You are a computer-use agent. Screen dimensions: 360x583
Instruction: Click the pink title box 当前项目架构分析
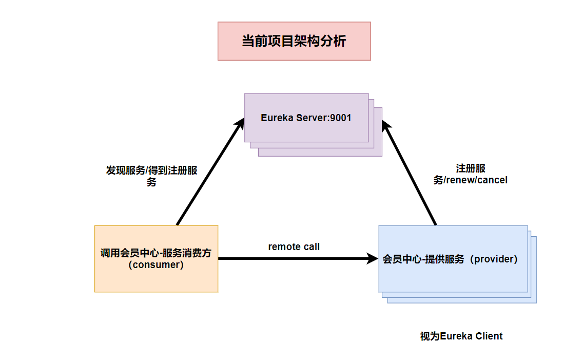tap(294, 41)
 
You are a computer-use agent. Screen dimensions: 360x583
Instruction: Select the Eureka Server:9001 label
tap(306, 118)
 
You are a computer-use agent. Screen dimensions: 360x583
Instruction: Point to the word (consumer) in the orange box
tap(156, 265)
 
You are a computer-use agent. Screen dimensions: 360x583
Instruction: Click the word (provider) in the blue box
tap(496, 259)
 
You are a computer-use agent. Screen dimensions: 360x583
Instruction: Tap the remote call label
tap(294, 247)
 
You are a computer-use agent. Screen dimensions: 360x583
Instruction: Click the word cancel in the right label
tap(492, 181)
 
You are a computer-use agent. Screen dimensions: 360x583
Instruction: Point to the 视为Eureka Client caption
tap(461, 336)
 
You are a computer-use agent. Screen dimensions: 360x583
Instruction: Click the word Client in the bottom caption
tap(489, 336)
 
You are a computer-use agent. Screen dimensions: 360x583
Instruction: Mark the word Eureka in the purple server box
tap(277, 118)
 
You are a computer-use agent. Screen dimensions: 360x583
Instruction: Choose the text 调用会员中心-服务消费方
tap(156, 253)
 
